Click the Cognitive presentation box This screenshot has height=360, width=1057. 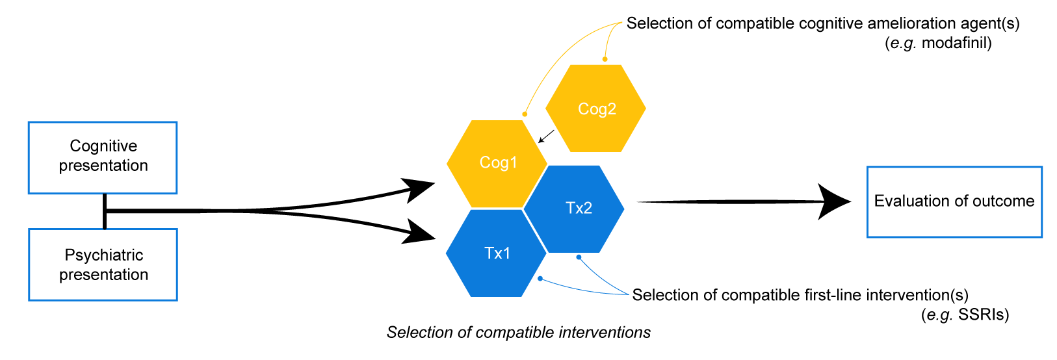[x=103, y=157]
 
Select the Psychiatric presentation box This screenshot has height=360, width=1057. [x=103, y=264]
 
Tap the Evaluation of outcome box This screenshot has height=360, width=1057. [x=954, y=201]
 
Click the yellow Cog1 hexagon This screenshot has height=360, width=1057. [x=497, y=163]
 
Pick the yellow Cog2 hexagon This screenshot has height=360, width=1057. [x=595, y=109]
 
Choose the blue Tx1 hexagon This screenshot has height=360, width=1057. [x=497, y=253]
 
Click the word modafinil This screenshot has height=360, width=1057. [x=956, y=44]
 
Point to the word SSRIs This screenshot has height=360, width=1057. [x=983, y=315]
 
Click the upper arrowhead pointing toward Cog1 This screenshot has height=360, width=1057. [x=419, y=188]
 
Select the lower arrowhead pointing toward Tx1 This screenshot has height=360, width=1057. [x=419, y=232]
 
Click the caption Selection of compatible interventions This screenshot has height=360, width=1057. [x=518, y=333]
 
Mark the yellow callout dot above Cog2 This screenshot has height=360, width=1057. [x=605, y=59]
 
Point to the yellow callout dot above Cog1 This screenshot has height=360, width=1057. [x=525, y=114]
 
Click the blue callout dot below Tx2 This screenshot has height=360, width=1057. [x=579, y=257]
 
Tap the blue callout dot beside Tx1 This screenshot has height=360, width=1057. [x=540, y=279]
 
